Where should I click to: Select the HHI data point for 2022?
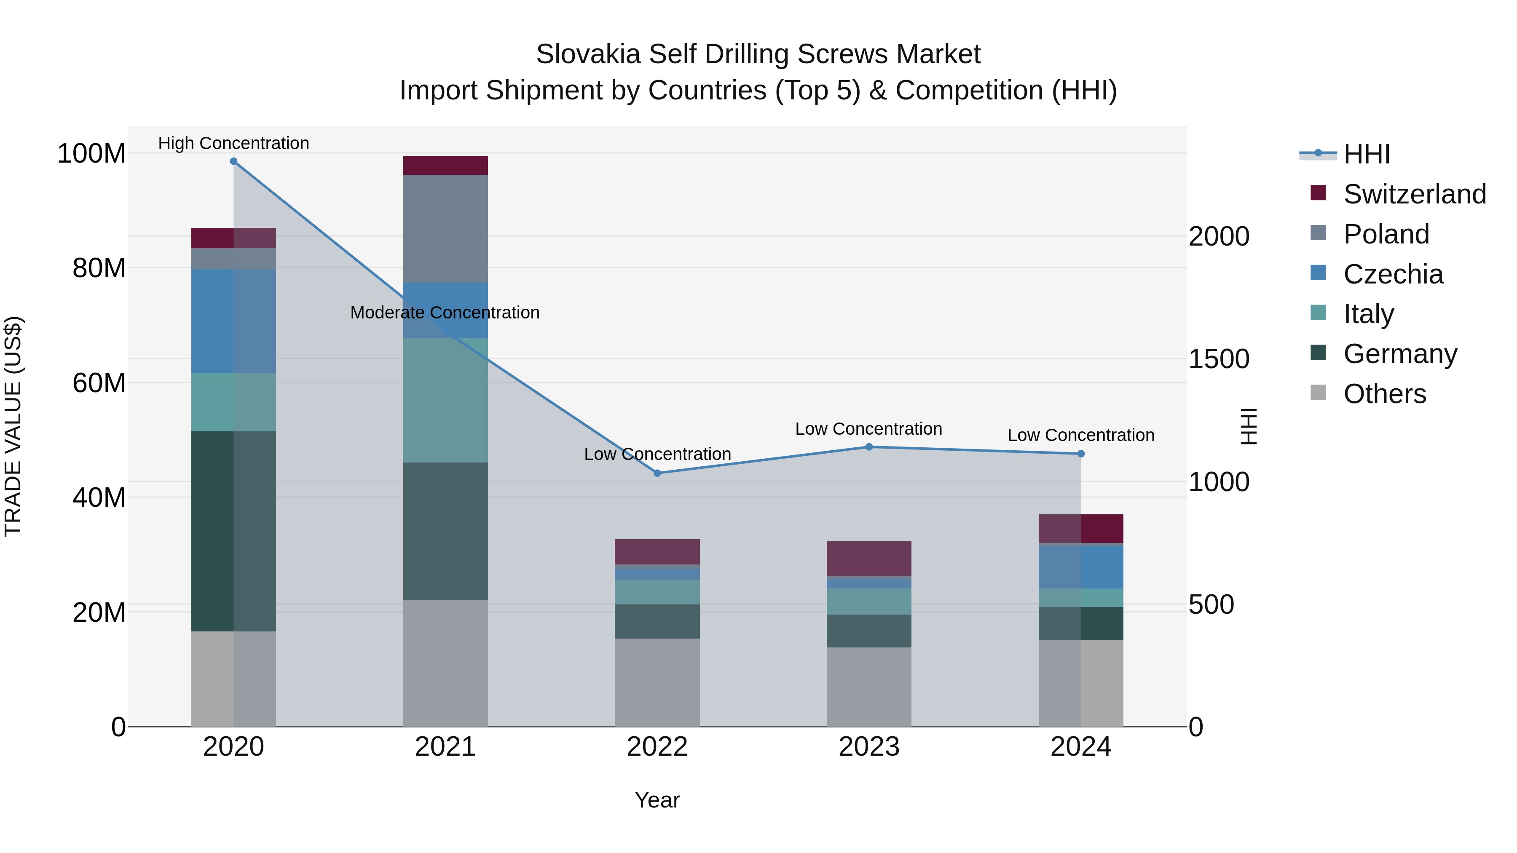pyautogui.click(x=657, y=473)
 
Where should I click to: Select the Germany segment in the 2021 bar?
pyautogui.click(x=445, y=531)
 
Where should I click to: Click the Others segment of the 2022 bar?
pyautogui.click(x=657, y=682)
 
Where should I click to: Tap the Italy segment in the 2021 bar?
pyautogui.click(x=445, y=400)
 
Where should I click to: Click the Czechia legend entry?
pyautogui.click(x=1393, y=274)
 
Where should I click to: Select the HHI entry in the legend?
pyautogui.click(x=1366, y=154)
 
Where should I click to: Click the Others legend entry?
pyautogui.click(x=1384, y=394)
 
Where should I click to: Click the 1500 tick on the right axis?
pyautogui.click(x=1218, y=359)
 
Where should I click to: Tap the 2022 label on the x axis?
pyautogui.click(x=657, y=747)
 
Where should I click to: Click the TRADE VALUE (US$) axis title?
pyautogui.click(x=13, y=426)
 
